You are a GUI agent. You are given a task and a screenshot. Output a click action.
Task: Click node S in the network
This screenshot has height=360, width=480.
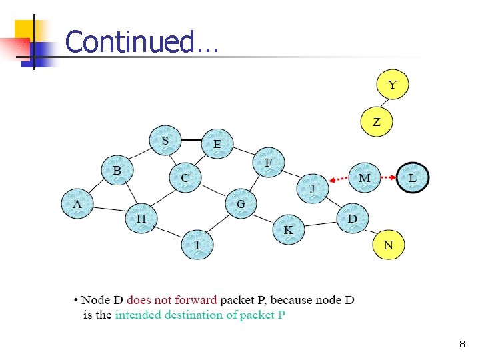pyautogui.click(x=165, y=141)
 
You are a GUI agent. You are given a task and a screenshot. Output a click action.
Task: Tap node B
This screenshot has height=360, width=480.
pyautogui.click(x=117, y=171)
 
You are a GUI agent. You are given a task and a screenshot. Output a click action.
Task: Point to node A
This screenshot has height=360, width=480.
pyautogui.click(x=77, y=204)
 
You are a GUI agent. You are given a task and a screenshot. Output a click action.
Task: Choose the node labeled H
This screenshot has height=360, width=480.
pyautogui.click(x=141, y=219)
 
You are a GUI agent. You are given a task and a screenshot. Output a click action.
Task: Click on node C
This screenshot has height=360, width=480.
pyautogui.click(x=185, y=179)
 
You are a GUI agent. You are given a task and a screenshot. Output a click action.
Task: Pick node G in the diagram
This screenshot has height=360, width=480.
pyautogui.click(x=241, y=204)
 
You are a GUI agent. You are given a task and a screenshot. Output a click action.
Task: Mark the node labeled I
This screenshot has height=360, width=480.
pyautogui.click(x=197, y=245)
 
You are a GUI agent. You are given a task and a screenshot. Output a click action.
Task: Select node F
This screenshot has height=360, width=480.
pyautogui.click(x=268, y=163)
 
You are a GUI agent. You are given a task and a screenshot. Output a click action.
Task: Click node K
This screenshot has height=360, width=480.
pyautogui.click(x=288, y=230)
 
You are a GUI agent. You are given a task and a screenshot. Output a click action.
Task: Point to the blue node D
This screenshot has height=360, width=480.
pyautogui.click(x=352, y=219)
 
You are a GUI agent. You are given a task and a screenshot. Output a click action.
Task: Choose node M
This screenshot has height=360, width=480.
pyautogui.click(x=364, y=178)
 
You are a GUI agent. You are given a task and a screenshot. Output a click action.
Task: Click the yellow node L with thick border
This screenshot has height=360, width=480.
pyautogui.click(x=413, y=178)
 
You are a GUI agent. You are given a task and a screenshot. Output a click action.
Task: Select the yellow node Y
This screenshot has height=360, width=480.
pyautogui.click(x=392, y=85)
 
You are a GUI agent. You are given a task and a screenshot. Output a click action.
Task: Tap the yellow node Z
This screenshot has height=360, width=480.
pyautogui.click(x=377, y=122)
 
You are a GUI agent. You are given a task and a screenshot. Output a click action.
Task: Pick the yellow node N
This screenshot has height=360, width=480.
pyautogui.click(x=388, y=245)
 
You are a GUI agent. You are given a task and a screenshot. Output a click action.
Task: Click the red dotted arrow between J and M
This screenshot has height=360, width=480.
pyautogui.click(x=339, y=179)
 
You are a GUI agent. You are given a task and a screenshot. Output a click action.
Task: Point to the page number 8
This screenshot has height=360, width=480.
pyautogui.click(x=462, y=345)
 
